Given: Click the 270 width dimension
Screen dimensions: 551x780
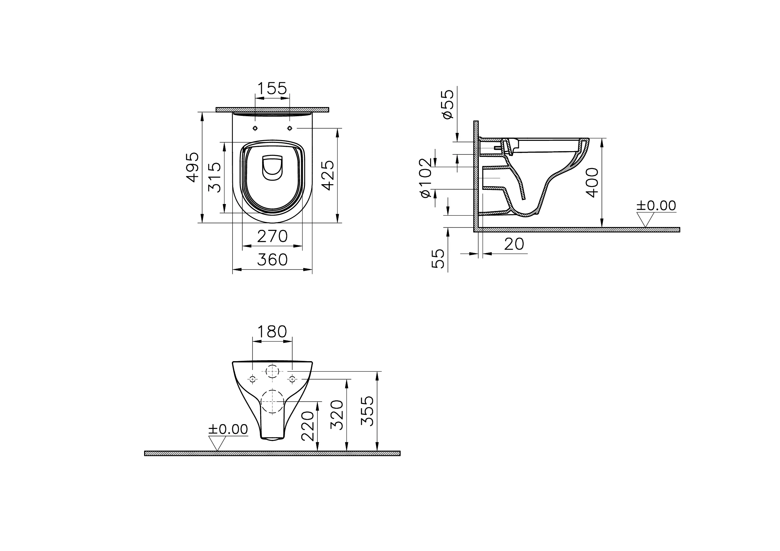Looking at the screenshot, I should pyautogui.click(x=272, y=236).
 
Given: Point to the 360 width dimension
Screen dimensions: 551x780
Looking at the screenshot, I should pyautogui.click(x=272, y=260).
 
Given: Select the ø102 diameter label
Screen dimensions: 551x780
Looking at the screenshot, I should pyautogui.click(x=426, y=178).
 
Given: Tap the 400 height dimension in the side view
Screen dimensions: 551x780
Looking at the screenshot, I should pyautogui.click(x=593, y=183).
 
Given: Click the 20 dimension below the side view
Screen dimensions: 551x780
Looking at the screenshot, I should pyautogui.click(x=514, y=244).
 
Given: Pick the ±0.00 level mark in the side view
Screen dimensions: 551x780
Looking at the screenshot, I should pyautogui.click(x=656, y=206).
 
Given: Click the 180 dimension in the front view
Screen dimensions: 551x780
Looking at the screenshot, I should pyautogui.click(x=272, y=332).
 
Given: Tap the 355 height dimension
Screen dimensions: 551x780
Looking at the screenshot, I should pyautogui.click(x=368, y=411).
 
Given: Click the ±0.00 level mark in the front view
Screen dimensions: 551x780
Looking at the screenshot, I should pyautogui.click(x=228, y=430).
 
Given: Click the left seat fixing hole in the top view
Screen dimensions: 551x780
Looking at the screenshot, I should pyautogui.click(x=255, y=128).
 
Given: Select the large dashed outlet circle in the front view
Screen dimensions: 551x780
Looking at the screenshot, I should pyautogui.click(x=272, y=401).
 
